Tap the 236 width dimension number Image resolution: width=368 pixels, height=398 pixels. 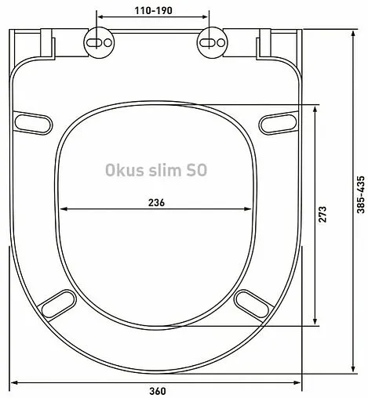tap(156, 201)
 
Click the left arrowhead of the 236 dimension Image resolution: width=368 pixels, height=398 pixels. tap(63, 209)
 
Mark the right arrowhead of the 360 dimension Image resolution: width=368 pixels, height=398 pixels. tap(300, 382)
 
